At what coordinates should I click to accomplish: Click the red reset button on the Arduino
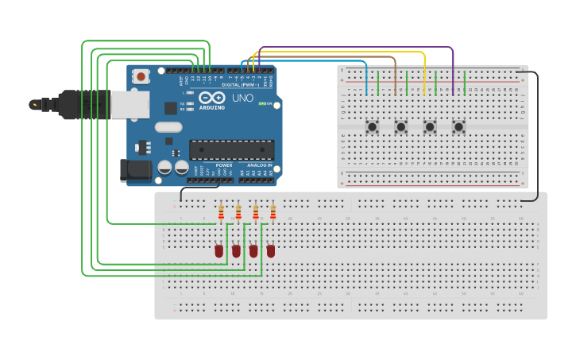click(141, 77)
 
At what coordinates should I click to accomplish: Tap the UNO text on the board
click(242, 98)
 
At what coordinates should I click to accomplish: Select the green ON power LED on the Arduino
click(263, 104)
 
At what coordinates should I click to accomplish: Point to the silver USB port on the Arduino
click(126, 104)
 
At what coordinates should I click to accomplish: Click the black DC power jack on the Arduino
click(133, 169)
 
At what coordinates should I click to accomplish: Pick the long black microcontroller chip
click(231, 149)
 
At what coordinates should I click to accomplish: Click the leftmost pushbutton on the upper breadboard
click(372, 126)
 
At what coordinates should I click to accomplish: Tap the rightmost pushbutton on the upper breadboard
click(458, 126)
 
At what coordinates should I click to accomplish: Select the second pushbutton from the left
click(401, 126)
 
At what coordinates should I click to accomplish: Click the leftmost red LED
click(219, 251)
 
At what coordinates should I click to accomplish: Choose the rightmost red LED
click(271, 251)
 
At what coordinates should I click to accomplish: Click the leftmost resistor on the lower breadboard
click(220, 211)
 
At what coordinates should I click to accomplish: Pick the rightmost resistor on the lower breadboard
click(273, 212)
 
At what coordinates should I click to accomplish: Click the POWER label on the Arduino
click(224, 165)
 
